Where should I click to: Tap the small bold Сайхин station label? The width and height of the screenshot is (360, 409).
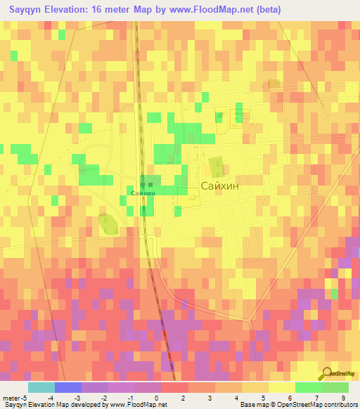coord(143,193)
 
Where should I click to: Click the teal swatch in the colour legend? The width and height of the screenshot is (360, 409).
coord(41,387)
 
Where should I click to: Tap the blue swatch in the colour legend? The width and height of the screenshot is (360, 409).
coord(67,387)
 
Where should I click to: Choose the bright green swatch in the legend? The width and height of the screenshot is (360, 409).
coord(308,387)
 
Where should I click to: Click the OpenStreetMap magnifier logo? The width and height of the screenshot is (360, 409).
coord(328,372)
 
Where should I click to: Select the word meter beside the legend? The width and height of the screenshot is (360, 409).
coord(10,397)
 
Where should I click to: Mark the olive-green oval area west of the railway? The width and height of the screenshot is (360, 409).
coord(108,225)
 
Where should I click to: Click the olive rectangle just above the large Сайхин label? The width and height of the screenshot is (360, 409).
coord(215,167)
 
